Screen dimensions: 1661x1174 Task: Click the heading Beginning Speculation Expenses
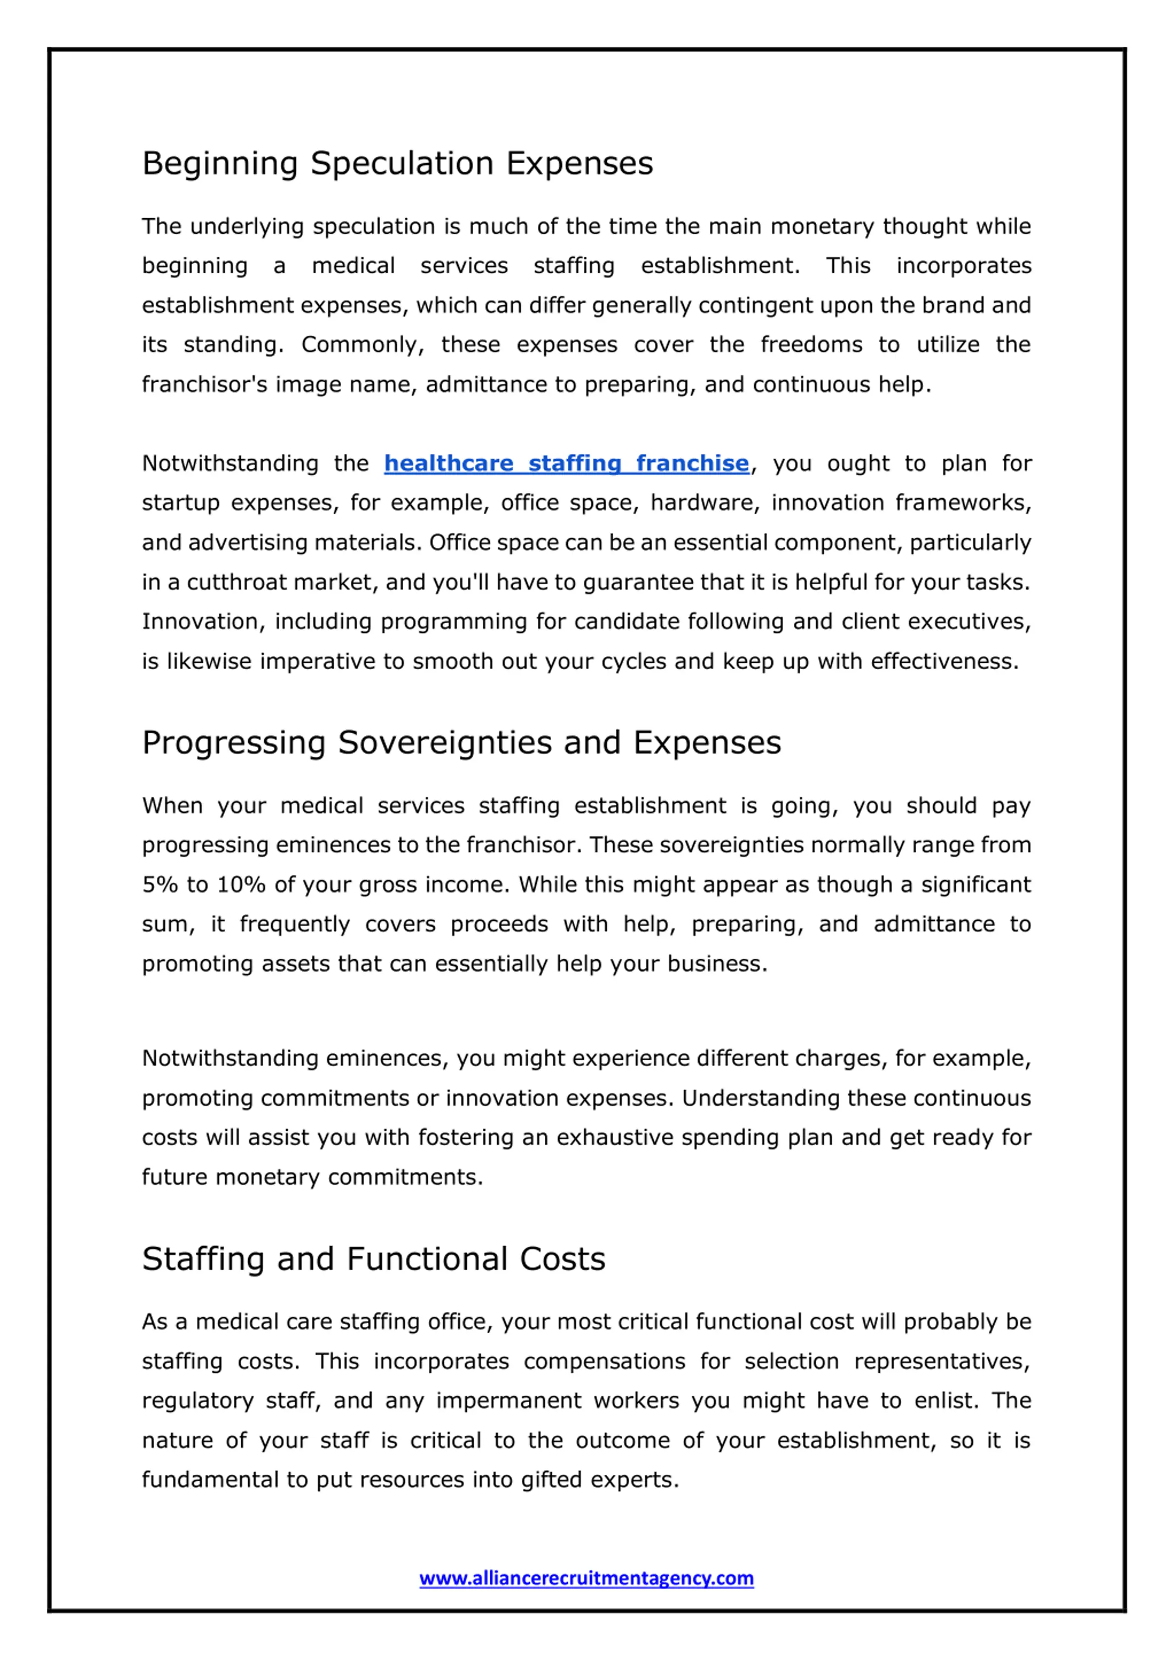coord(397,164)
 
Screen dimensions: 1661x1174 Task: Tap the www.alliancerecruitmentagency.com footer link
coord(586,1578)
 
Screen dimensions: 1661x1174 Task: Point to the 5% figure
coord(159,885)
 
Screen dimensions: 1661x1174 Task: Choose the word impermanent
coord(509,1401)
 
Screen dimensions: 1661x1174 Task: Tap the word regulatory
coord(198,1401)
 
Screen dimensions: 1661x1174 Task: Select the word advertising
coord(239,543)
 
